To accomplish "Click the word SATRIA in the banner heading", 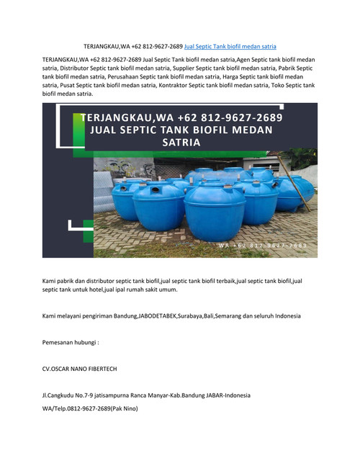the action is pyautogui.click(x=181, y=143).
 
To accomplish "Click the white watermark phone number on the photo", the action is pyautogui.click(x=264, y=246).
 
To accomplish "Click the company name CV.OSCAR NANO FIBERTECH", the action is pyautogui.click(x=80, y=369).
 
